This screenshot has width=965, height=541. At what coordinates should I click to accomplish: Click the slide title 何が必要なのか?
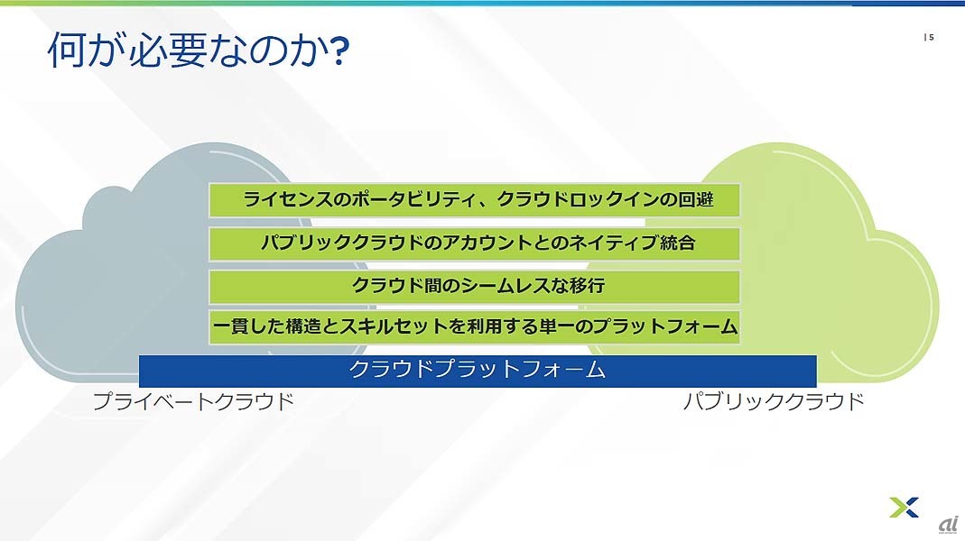pos(199,50)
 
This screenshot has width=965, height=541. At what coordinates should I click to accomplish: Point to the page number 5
pos(932,38)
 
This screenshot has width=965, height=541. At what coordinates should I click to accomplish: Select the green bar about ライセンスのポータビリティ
pos(475,200)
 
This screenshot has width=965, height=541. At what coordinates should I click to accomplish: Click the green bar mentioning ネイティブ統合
pos(475,243)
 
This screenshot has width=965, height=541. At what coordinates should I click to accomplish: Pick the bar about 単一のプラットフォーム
pos(475,326)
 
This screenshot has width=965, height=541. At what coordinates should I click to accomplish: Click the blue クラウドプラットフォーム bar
pos(478,371)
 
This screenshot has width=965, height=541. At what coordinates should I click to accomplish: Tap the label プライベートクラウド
pos(193,401)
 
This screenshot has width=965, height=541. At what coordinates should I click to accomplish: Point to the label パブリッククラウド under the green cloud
pos(774,401)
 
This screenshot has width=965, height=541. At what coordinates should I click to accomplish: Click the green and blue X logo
pos(904,507)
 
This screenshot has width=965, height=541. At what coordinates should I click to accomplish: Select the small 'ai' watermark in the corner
pos(949,525)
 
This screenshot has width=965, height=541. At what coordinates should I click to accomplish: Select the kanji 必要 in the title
pos(166,50)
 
